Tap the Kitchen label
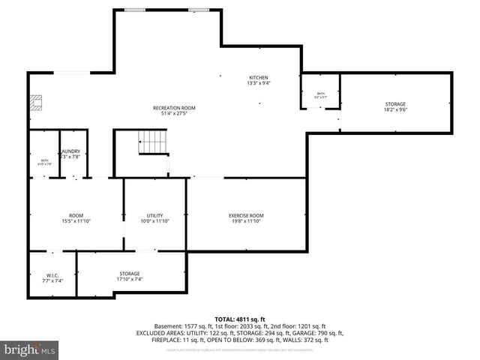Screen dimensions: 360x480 259,78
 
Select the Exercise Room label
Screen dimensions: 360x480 246,216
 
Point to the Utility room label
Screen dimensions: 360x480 155,216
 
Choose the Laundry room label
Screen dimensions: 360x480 71,151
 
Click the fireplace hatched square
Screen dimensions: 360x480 35,103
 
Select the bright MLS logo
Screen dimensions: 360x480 29,349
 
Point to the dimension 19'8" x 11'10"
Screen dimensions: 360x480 246,222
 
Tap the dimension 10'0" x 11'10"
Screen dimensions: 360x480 155,222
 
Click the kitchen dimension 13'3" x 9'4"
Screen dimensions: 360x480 259,84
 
